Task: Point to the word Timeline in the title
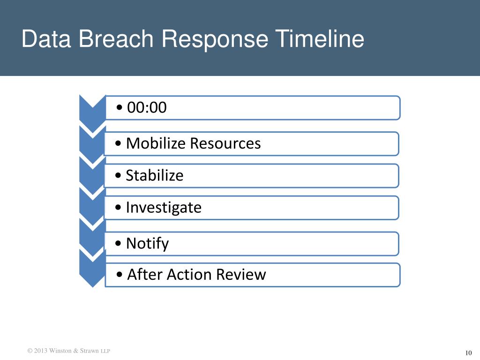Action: (x=319, y=39)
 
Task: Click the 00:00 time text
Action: (x=147, y=108)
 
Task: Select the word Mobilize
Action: (x=157, y=143)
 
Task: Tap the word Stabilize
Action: (x=155, y=175)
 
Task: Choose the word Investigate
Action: (x=164, y=207)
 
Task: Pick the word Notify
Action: (x=147, y=243)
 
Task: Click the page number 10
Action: (x=467, y=353)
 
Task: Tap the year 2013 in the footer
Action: (x=41, y=351)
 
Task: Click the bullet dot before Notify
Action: (x=120, y=244)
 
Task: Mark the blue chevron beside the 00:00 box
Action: (x=92, y=111)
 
